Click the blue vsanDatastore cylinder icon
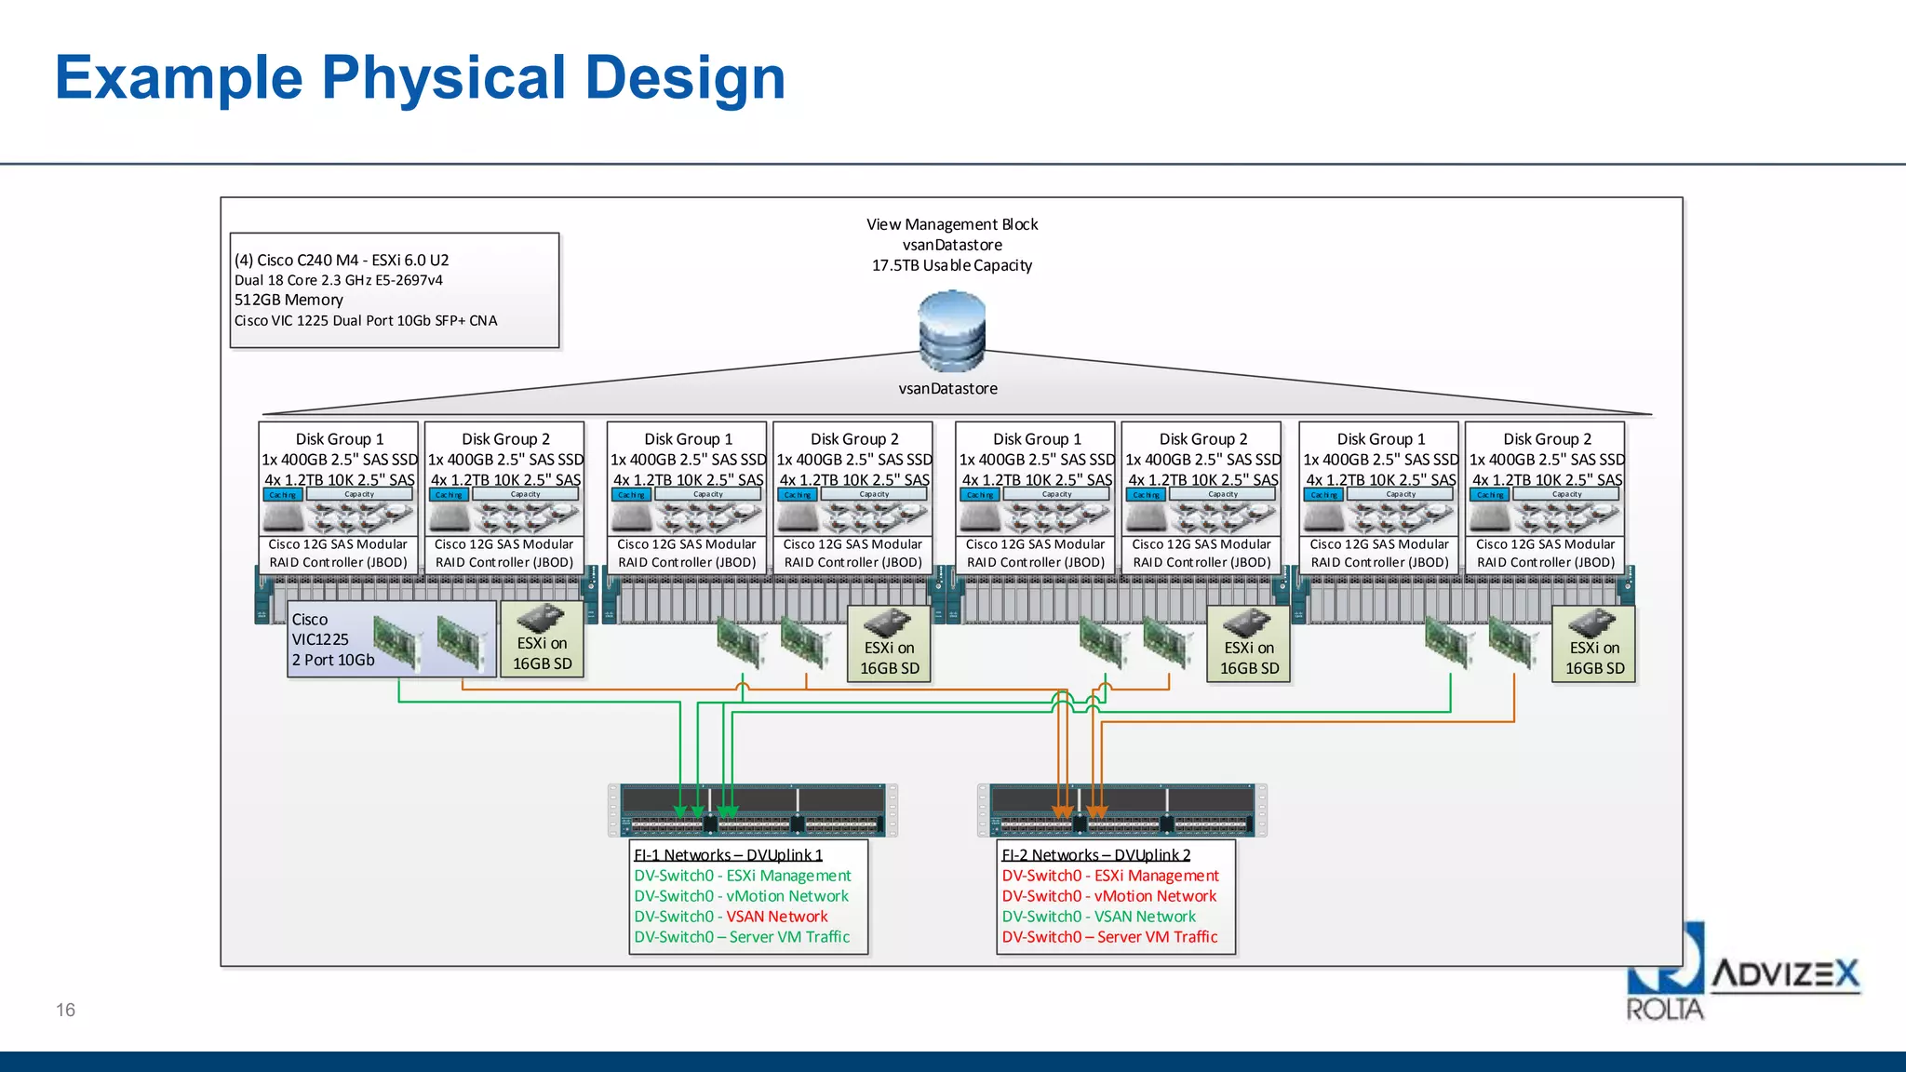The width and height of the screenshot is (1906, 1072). pyautogui.click(x=951, y=331)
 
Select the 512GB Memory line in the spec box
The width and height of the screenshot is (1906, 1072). pyautogui.click(x=289, y=300)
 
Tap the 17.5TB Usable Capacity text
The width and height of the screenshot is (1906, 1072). pyautogui.click(x=951, y=265)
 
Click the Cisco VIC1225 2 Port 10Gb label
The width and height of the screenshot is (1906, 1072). pyautogui.click(x=332, y=639)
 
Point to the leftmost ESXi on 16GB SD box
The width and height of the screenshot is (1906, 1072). pyautogui.click(x=542, y=642)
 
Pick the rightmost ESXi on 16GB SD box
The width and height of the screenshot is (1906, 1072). pyautogui.click(x=1593, y=647)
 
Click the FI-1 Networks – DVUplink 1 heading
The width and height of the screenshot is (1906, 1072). pyautogui.click(x=728, y=854)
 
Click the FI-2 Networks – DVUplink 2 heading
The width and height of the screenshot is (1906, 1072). pyautogui.click(x=1095, y=854)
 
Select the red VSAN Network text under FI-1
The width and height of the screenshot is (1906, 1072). pyautogui.click(x=776, y=917)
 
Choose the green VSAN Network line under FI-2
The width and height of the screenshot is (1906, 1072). pyautogui.click(x=1098, y=917)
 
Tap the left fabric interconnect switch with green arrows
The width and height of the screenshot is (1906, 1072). pyautogui.click(x=752, y=810)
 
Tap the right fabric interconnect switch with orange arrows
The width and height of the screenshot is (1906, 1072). pyautogui.click(x=1121, y=810)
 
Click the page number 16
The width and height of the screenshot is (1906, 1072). pyautogui.click(x=65, y=1010)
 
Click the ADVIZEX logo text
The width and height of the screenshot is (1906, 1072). pyautogui.click(x=1785, y=974)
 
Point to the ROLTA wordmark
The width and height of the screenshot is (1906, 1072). pyautogui.click(x=1664, y=1010)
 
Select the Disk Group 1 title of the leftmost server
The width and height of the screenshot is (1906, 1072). pyautogui.click(x=339, y=438)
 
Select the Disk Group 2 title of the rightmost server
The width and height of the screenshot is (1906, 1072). pyautogui.click(x=1547, y=438)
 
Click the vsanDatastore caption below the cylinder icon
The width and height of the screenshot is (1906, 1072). pyautogui.click(x=947, y=389)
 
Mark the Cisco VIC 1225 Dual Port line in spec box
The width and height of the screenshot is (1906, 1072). pyautogui.click(x=366, y=320)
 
